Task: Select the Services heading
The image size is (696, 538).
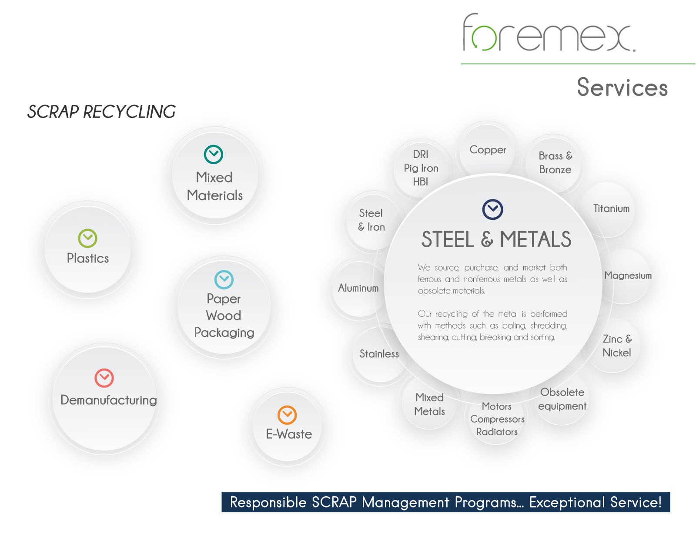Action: point(622,87)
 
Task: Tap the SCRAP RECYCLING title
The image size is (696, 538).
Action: point(101,112)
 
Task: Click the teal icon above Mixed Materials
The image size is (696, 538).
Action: point(214,155)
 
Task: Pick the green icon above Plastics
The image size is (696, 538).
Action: point(87,238)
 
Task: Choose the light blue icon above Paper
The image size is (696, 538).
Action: point(224,279)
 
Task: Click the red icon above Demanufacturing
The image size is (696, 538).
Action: point(104,378)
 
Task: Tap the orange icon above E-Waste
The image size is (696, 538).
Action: point(287,415)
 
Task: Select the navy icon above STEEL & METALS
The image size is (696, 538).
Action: point(492,209)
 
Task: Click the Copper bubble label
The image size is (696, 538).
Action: point(488,150)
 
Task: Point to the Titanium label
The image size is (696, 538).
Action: point(611,208)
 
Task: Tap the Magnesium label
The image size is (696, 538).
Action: point(628,276)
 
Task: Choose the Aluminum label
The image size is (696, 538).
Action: point(358,288)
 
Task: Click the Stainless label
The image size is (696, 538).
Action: point(379,354)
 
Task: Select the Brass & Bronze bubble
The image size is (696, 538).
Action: point(555,163)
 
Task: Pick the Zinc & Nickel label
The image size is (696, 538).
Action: point(617,346)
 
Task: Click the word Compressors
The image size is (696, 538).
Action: point(497,419)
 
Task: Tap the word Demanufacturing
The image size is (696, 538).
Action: point(108,400)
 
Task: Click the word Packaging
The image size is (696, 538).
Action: point(224,333)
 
